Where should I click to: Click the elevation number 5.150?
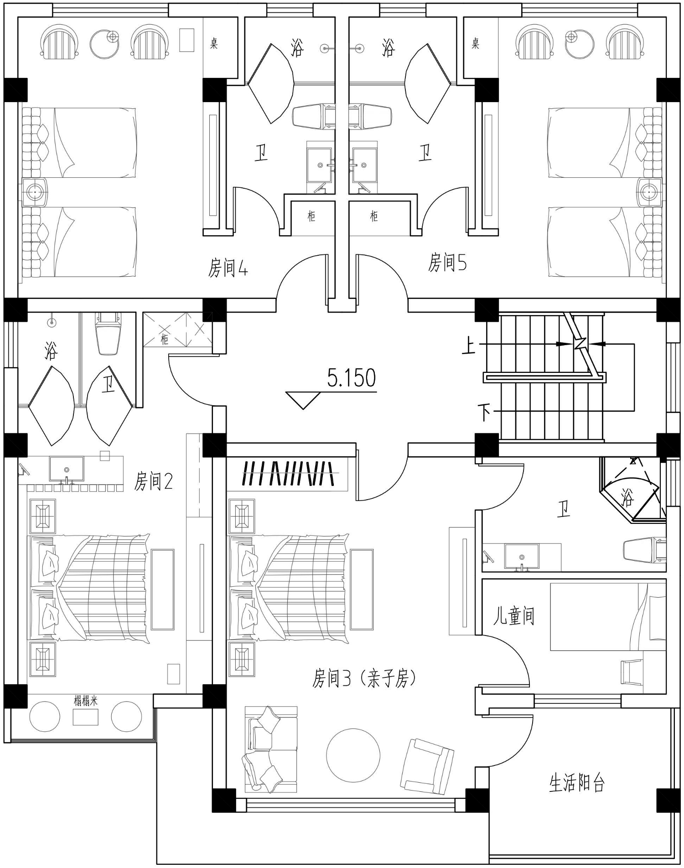[x=352, y=378]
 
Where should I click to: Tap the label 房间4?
[x=228, y=268]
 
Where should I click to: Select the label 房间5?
[x=447, y=263]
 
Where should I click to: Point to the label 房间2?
[x=154, y=481]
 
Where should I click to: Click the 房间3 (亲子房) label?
[x=364, y=678]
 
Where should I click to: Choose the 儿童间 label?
[x=513, y=616]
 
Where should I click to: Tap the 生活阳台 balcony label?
[x=577, y=783]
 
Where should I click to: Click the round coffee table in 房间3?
[x=353, y=755]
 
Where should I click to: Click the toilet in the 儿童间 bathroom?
[x=644, y=550]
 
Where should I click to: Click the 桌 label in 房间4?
[x=214, y=43]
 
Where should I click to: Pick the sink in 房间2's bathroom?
[x=67, y=469]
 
